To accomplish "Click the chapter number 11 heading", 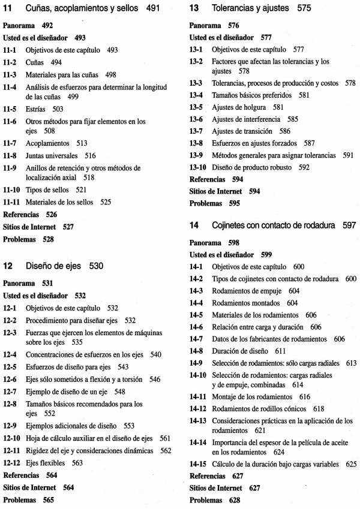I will pos(8,10).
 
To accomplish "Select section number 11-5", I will pos(12,110).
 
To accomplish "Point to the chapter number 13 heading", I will pos(194,10).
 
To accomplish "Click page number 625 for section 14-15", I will pos(350,463).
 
